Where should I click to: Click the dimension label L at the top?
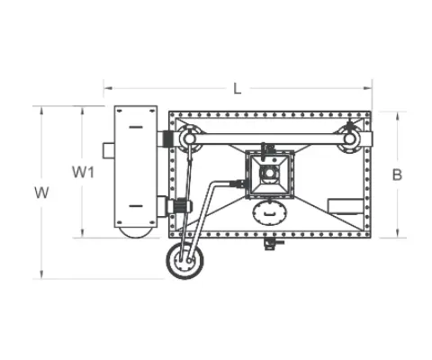click(x=237, y=88)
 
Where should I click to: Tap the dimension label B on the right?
click(x=396, y=174)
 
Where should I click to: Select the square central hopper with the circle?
click(x=268, y=173)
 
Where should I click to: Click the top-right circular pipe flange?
click(x=349, y=139)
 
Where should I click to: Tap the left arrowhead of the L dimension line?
click(x=106, y=88)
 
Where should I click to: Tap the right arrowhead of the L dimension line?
click(x=369, y=88)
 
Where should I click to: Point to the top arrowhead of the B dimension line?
click(x=396, y=114)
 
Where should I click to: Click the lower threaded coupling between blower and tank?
click(x=177, y=205)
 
